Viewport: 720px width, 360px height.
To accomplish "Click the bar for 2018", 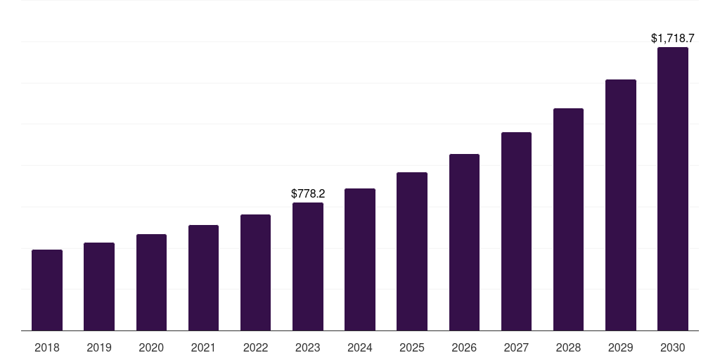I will point(47,290).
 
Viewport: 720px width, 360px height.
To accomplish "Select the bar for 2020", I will point(151,282).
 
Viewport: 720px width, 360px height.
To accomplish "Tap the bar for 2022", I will point(255,272).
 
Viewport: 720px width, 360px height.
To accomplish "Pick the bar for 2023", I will point(308,266).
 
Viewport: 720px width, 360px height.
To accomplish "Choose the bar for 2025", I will point(412,251).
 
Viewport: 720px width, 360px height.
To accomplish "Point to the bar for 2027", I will point(516,231).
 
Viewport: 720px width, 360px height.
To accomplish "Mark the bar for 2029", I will point(621,205).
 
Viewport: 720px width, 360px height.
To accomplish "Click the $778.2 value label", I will point(308,193).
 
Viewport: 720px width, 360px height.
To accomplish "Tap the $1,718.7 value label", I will point(673,38).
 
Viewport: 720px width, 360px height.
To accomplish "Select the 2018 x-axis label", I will point(47,347).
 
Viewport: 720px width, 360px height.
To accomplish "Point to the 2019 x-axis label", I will point(99,347).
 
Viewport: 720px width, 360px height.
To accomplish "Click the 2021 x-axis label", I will point(203,347).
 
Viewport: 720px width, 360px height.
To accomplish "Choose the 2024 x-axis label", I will point(360,347).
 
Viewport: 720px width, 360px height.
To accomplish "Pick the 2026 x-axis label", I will point(464,347).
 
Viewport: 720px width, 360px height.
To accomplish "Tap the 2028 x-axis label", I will point(568,347).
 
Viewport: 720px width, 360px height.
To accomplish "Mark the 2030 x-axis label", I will point(673,347).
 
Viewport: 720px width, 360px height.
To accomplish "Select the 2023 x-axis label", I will point(308,347).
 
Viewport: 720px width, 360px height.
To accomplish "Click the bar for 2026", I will point(464,242).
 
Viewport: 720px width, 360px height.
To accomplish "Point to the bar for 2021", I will point(203,278).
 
